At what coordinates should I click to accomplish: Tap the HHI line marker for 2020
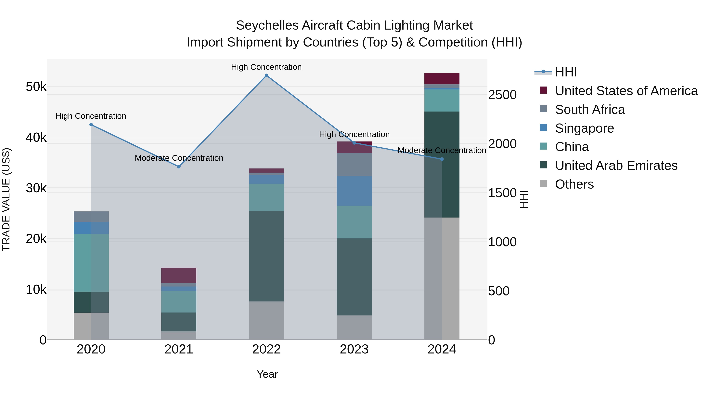91,125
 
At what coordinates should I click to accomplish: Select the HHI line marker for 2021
179,166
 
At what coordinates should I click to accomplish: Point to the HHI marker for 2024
442,159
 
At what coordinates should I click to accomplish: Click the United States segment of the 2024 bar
442,79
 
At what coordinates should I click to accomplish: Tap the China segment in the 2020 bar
91,262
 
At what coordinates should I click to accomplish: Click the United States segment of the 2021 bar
179,275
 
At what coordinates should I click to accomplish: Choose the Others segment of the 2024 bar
442,278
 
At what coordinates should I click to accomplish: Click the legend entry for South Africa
590,110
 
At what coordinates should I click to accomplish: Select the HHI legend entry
566,72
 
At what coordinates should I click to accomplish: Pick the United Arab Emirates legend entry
616,166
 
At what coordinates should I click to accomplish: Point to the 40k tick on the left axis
36,137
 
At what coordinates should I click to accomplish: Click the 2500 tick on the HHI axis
502,95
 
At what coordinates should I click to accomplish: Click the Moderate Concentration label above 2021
179,158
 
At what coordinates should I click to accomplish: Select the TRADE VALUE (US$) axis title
6,199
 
